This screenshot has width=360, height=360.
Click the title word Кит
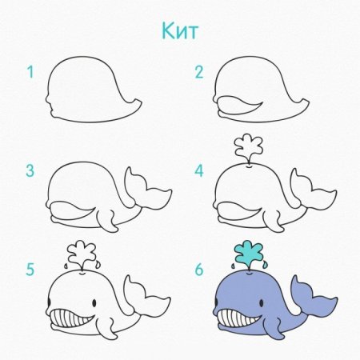pos(180,30)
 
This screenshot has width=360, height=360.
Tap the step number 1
pos(31,72)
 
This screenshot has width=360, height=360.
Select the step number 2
pos(199,72)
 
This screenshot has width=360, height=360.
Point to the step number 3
pos(30,170)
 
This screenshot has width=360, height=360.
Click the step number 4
pos(199,170)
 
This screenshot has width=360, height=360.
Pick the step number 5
pos(30,270)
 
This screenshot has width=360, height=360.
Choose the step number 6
pos(199,270)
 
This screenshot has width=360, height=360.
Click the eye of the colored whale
pos(262,302)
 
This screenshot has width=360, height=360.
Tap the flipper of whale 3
pos(106,220)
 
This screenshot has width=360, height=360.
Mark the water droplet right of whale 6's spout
pos(265,265)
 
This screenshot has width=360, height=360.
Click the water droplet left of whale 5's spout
pos(66,266)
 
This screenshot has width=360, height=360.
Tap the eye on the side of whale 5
pos(94,302)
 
